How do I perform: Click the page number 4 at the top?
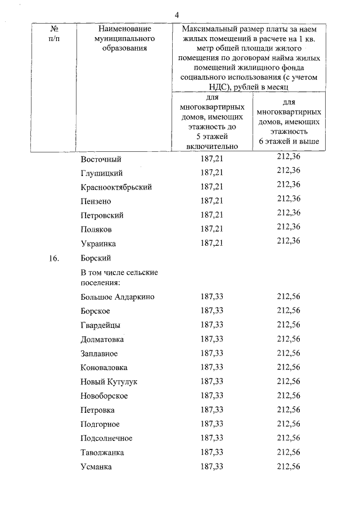177,15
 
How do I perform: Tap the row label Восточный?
101,159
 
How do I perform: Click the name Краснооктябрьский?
116,187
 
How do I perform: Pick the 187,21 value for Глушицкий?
212,173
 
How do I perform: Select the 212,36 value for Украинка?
289,240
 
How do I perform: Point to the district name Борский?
96,258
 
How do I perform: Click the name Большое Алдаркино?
117,297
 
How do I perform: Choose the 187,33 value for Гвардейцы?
212,325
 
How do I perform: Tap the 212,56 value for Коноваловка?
289,367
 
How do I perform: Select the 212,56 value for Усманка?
289,467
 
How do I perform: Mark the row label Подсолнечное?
106,438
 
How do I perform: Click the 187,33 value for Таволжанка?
212,452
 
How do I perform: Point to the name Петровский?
102,215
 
